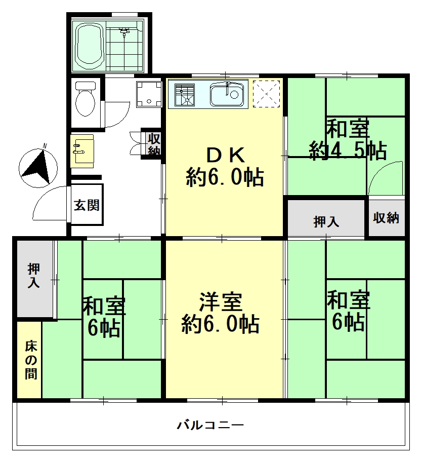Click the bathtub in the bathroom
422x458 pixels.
pyautogui.click(x=90, y=45)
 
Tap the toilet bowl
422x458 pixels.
pyautogui.click(x=85, y=99)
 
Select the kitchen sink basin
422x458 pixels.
pyautogui.click(x=227, y=94)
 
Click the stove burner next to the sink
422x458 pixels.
pyautogui.click(x=184, y=95)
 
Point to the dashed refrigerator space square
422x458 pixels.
pyautogui.click(x=266, y=94)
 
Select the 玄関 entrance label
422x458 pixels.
pyautogui.click(x=87, y=205)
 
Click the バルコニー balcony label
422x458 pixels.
pyautogui.click(x=210, y=425)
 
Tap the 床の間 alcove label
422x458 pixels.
pyautogui.click(x=31, y=360)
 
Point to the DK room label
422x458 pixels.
pyautogui.click(x=226, y=156)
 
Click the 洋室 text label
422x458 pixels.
pyautogui.click(x=221, y=302)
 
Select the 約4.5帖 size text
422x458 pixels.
pyautogui.click(x=348, y=150)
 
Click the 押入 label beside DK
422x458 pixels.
pyautogui.click(x=326, y=222)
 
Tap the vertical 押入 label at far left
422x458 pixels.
pyautogui.click(x=34, y=276)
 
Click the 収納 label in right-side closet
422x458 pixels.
pyautogui.click(x=386, y=218)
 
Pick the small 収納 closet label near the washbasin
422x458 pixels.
pyautogui.click(x=154, y=144)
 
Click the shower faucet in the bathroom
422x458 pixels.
pyautogui.click(x=124, y=31)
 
